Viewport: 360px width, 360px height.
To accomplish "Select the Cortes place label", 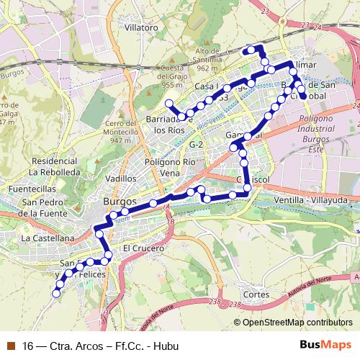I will [x=256, y=294].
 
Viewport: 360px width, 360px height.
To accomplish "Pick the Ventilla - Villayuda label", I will [x=305, y=198].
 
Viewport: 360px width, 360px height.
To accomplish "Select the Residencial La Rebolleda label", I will [x=55, y=167].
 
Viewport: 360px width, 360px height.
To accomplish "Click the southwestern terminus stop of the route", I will [x=55, y=293].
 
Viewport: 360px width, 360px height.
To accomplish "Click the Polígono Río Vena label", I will [x=170, y=168].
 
